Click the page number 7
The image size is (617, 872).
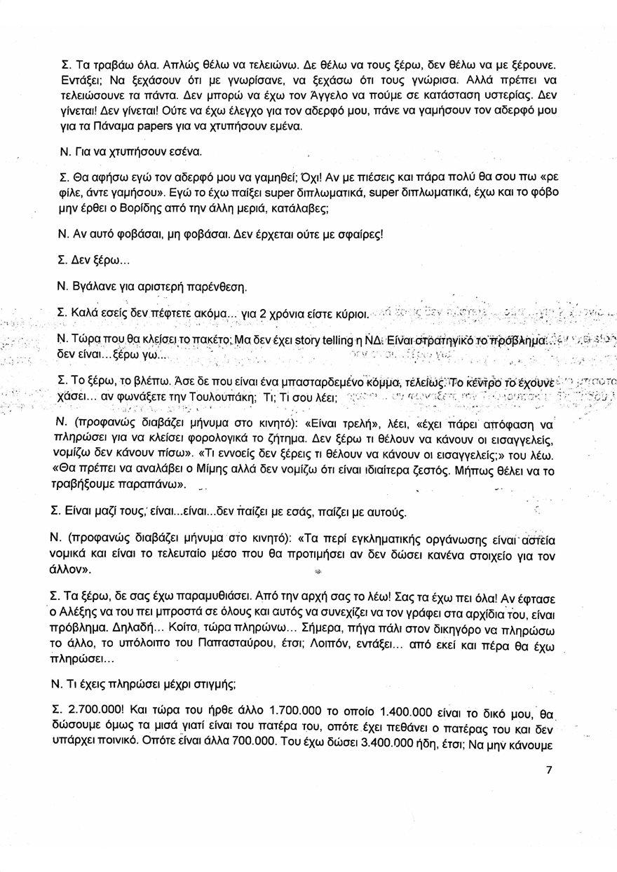548,770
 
